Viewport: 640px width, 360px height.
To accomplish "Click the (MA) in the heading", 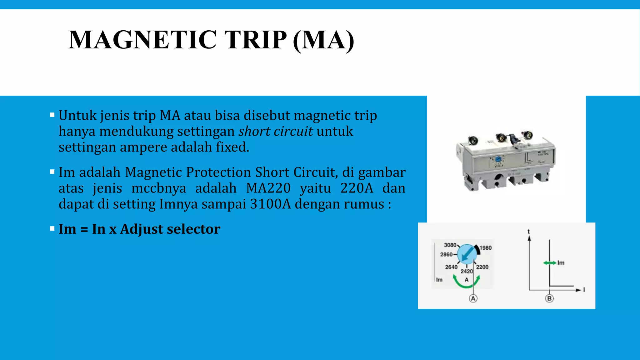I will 323,40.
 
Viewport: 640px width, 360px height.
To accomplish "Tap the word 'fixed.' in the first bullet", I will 232,147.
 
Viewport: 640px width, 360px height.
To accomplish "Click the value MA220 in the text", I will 268,188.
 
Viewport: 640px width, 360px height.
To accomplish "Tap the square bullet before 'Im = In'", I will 52,229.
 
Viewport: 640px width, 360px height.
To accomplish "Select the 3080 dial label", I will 450,245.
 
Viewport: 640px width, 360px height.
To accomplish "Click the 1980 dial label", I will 486,248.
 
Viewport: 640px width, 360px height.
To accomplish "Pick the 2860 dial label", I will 446,254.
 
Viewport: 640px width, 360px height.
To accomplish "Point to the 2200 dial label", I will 482,267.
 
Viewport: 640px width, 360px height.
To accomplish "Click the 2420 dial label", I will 467,271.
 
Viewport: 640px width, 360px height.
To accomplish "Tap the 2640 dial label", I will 451,267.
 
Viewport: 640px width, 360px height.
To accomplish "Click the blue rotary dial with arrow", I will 467,254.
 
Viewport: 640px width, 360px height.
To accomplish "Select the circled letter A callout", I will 473,298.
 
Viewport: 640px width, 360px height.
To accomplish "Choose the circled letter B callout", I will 549,298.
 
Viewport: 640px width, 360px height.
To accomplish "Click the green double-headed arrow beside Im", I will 550,263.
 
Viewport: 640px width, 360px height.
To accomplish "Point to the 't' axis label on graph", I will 529,232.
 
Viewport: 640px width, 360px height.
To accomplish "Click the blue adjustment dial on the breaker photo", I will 498,159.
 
